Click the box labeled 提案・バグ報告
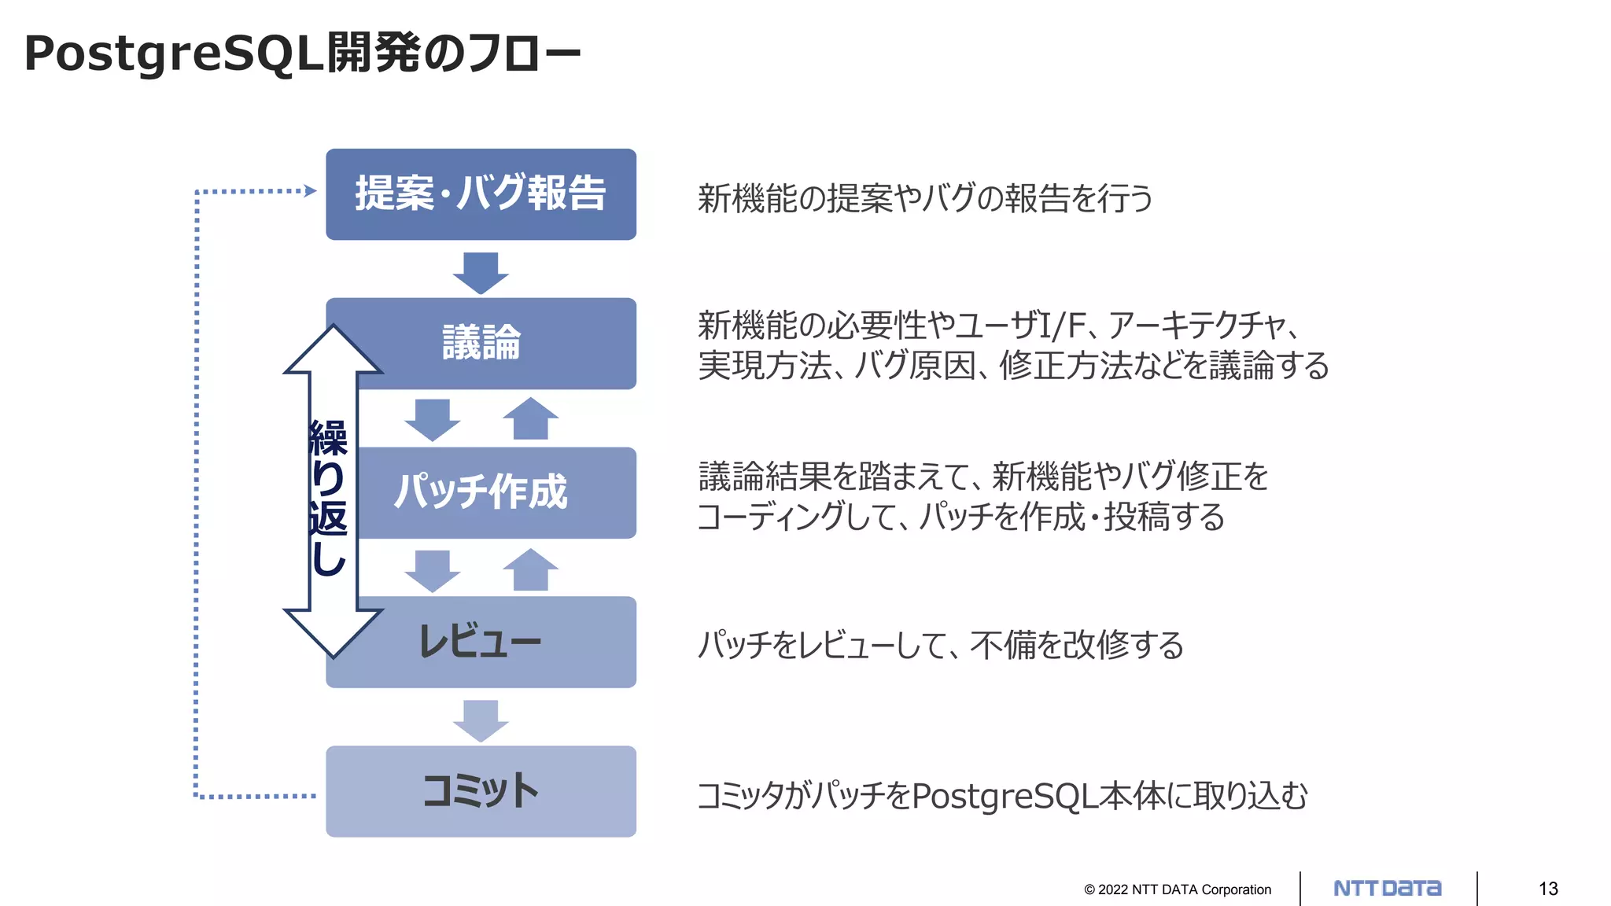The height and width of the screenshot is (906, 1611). (x=481, y=194)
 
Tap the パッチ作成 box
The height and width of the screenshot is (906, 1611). (x=496, y=492)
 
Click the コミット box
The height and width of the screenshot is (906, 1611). (x=481, y=791)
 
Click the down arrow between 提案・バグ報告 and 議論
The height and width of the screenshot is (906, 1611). (x=481, y=272)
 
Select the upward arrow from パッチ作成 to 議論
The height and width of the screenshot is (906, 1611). (x=530, y=418)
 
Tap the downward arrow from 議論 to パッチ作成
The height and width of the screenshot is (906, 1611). (x=432, y=419)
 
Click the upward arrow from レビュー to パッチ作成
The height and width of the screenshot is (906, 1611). (x=530, y=569)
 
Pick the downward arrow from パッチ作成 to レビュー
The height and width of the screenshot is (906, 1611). (x=432, y=570)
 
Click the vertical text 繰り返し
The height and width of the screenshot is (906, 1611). (x=329, y=497)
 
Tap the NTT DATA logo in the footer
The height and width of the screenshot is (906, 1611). (x=1388, y=889)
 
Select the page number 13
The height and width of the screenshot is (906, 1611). (x=1548, y=889)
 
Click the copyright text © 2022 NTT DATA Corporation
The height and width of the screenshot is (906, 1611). (x=1178, y=889)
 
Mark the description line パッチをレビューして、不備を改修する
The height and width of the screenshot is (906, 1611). (x=941, y=645)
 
